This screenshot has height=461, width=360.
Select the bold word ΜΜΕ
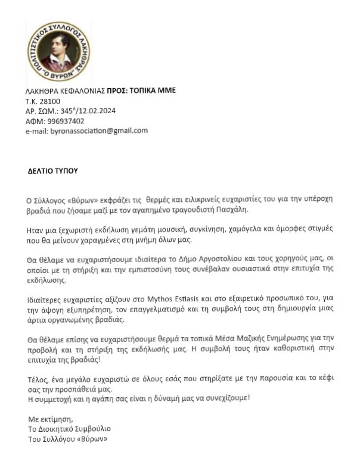coord(165,91)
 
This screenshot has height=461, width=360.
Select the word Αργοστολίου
coord(195,258)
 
